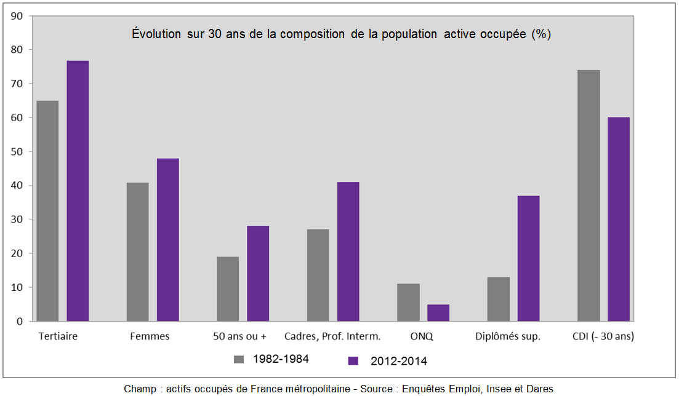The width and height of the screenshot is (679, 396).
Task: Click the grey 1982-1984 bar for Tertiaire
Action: click(x=47, y=211)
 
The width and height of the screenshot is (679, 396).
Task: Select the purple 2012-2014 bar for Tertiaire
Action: click(x=78, y=191)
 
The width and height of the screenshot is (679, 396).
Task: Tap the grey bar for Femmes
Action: click(x=137, y=251)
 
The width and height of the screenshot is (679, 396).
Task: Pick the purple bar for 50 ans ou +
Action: click(x=258, y=274)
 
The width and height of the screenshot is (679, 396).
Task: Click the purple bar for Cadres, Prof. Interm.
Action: click(x=348, y=251)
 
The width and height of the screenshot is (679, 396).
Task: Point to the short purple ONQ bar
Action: click(x=438, y=312)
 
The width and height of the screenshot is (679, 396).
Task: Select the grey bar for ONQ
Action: click(x=408, y=303)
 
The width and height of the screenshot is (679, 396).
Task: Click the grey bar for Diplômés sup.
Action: click(x=499, y=299)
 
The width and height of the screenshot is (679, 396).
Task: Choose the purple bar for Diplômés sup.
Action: click(x=528, y=258)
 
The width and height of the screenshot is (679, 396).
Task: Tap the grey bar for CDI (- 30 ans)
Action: click(x=589, y=196)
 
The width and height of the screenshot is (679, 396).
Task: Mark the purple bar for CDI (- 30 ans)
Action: click(x=619, y=219)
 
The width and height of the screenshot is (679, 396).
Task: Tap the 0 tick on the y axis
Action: click(x=20, y=321)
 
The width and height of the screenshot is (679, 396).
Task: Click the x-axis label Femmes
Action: click(x=150, y=336)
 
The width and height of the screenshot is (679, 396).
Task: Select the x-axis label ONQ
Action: click(x=422, y=336)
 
